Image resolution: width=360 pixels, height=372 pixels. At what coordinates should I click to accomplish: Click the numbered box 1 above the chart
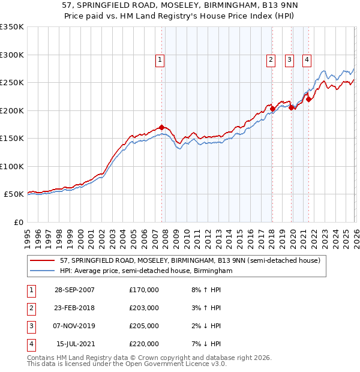[161, 59]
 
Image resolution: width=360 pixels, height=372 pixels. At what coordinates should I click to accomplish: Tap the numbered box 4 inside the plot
[307, 59]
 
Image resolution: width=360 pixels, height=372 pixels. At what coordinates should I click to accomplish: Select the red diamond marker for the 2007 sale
[162, 127]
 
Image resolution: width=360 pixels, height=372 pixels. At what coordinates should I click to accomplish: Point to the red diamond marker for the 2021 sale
[308, 100]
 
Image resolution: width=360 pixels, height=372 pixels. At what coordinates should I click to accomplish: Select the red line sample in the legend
[43, 261]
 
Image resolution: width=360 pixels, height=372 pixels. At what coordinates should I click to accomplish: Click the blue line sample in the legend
[43, 271]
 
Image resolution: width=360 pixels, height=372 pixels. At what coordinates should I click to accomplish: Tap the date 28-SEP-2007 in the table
[74, 290]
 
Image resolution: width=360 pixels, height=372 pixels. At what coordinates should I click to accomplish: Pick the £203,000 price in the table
[144, 308]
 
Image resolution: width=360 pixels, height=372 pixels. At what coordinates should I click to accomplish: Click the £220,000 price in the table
[144, 344]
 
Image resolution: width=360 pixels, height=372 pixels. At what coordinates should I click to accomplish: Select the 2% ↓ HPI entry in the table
[205, 326]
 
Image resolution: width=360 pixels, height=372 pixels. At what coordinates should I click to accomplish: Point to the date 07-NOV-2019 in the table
[74, 326]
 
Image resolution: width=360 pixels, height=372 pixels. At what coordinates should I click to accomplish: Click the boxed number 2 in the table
[29, 308]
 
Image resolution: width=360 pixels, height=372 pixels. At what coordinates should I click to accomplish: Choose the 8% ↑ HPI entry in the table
[205, 290]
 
